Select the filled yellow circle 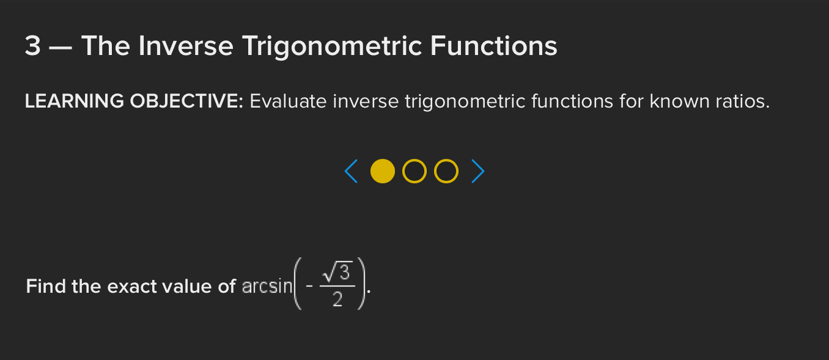pos(383,171)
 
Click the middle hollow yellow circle pos(403,171)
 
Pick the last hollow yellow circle pos(435,171)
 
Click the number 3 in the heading pos(32,46)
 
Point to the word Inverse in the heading pos(186,46)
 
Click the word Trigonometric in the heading pos(333,47)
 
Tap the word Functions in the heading pos(494,46)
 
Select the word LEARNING pos(75,101)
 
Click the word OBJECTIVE pos(186,101)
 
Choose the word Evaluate pos(289,101)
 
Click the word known pos(679,101)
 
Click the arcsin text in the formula pos(267,287)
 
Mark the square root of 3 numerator pos(336,271)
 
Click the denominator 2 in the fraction pos(337,299)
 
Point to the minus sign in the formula pos(309,287)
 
